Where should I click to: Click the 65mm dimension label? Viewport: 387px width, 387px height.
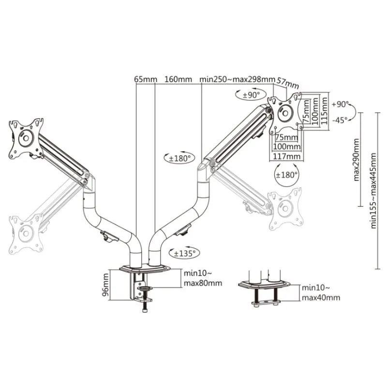coord(146,79)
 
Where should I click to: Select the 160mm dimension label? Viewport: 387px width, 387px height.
coord(178,79)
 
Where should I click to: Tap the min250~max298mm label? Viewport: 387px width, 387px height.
coord(237,79)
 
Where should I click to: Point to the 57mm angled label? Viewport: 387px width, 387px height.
coord(288,83)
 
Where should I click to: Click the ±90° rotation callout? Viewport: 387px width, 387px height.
coord(251,95)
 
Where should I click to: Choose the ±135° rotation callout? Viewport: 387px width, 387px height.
coord(184,253)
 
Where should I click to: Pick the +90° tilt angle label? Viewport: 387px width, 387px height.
coord(340,104)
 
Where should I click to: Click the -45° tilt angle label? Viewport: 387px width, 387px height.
coord(340,120)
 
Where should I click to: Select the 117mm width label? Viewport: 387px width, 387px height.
coord(286,156)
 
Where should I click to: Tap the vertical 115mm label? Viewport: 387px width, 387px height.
coord(324,111)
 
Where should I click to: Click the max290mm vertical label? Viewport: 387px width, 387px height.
coord(357,160)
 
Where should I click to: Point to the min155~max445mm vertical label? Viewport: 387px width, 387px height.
coord(373,191)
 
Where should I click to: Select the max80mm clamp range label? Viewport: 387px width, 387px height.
coord(203,283)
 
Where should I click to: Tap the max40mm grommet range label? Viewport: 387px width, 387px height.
coord(321,298)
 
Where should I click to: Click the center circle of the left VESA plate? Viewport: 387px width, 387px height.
coord(26,138)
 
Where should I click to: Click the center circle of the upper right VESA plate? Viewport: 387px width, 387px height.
coord(285,113)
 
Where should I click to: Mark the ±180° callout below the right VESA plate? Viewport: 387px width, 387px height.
coord(286,175)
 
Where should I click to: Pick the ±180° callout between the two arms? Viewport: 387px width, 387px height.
coord(179,158)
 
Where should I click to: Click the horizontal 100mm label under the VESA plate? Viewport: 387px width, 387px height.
coord(287,147)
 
